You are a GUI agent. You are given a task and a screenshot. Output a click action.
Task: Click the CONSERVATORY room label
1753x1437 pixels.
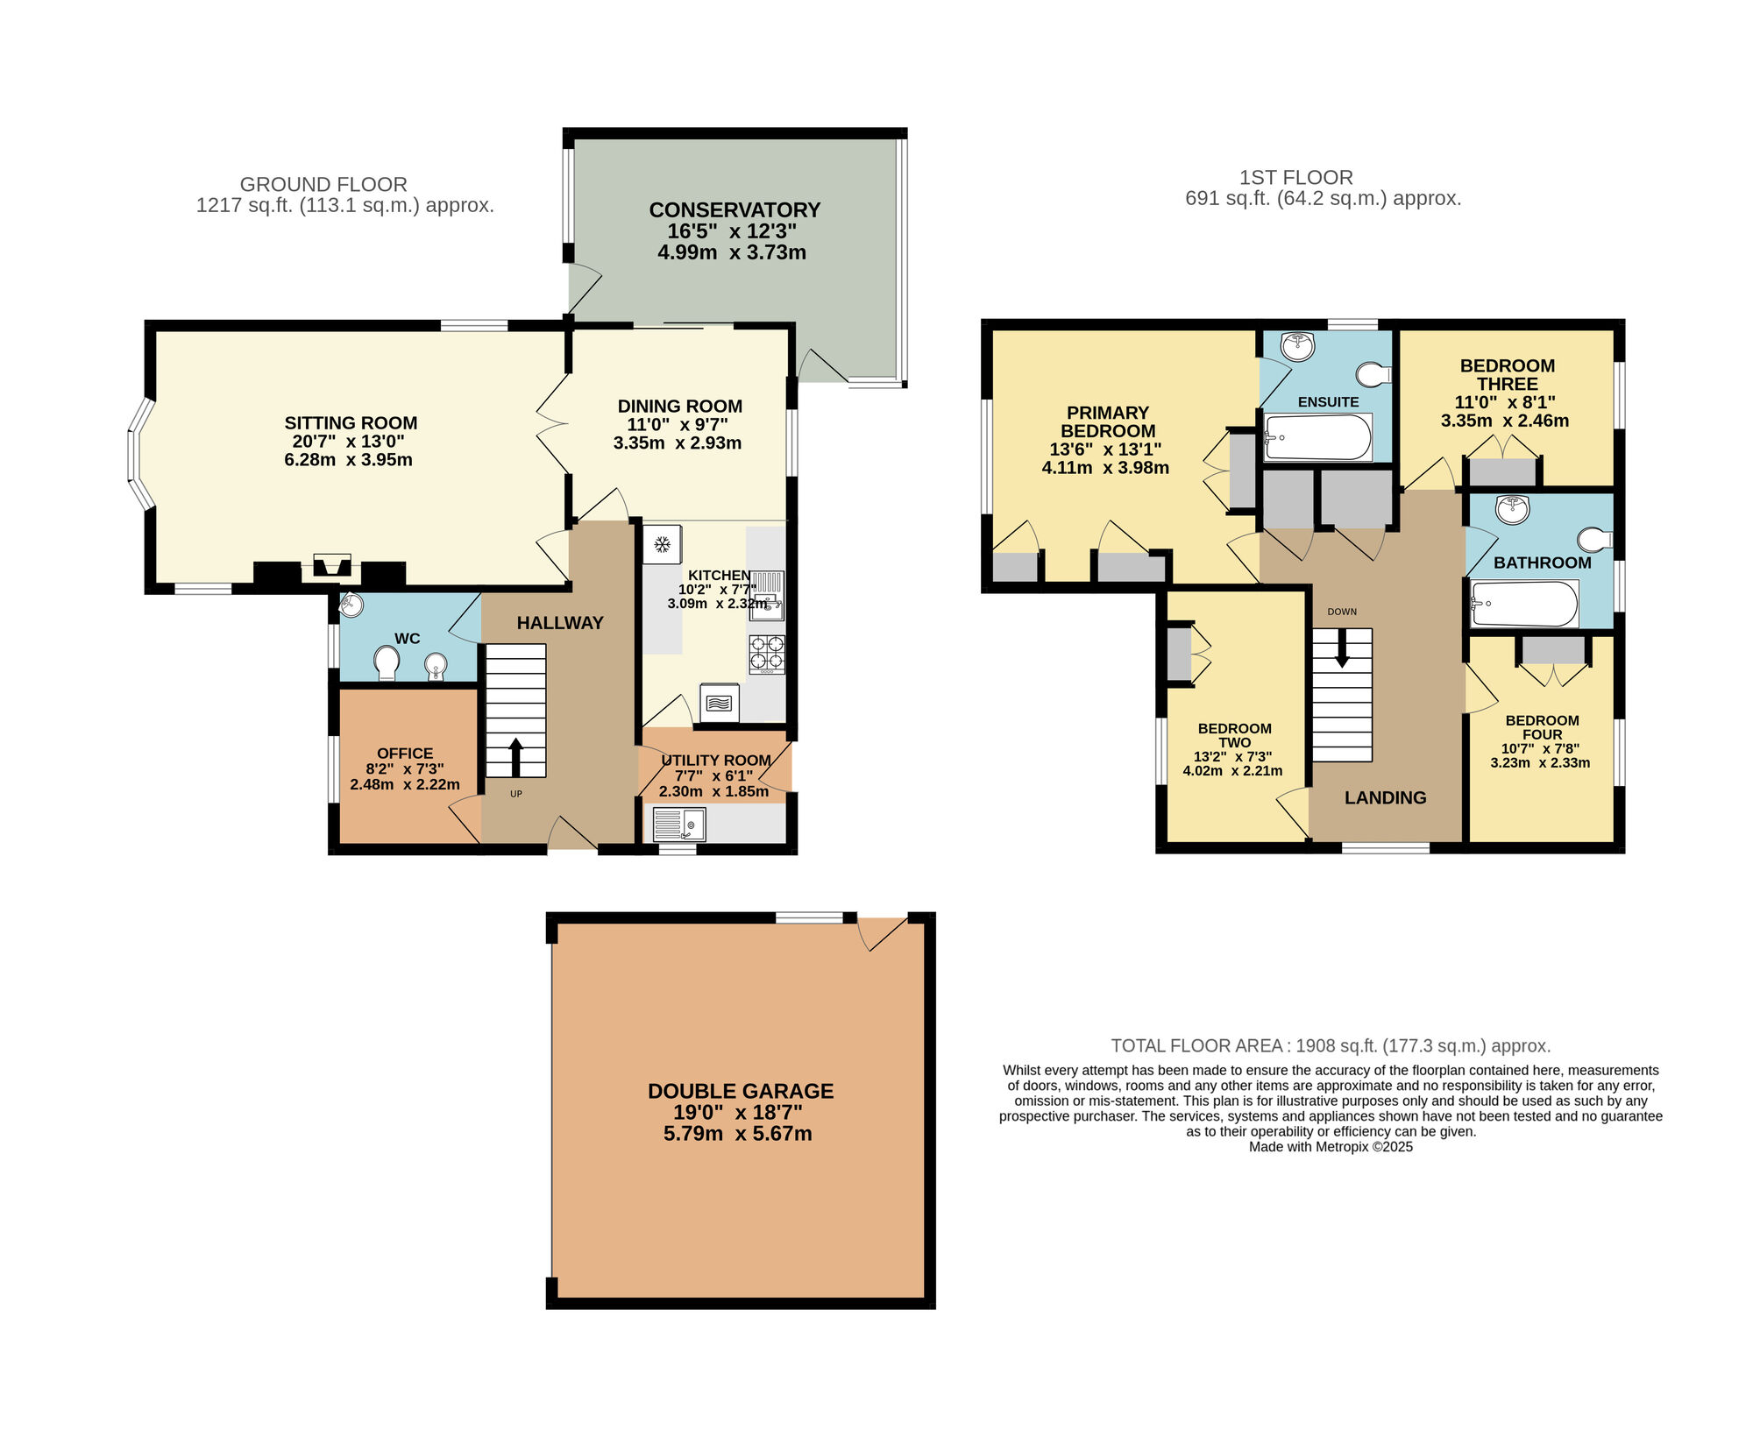[735, 210]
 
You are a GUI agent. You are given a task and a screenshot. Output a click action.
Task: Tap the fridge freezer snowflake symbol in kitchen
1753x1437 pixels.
[663, 545]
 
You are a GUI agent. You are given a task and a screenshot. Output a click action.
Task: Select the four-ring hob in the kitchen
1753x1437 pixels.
[767, 654]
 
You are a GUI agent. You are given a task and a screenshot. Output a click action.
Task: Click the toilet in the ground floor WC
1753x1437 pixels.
[386, 662]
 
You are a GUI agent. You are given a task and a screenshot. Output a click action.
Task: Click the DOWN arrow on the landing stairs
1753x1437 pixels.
[1342, 650]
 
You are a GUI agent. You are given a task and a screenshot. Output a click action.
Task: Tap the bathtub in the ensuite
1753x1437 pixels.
[1317, 437]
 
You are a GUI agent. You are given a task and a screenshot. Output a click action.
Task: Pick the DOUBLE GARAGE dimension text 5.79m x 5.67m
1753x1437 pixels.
[737, 1134]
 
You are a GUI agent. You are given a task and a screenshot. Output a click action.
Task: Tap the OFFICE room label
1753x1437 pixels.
[405, 753]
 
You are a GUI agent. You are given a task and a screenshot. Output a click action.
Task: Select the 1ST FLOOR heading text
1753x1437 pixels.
[1295, 178]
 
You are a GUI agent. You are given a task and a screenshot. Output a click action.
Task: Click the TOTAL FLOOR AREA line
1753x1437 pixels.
[1331, 1045]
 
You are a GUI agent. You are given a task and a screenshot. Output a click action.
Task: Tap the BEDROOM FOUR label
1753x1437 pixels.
[1542, 727]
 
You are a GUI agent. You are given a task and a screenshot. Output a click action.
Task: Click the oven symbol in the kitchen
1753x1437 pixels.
[719, 703]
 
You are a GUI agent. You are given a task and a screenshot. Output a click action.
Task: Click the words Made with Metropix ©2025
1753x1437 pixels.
[1331, 1147]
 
